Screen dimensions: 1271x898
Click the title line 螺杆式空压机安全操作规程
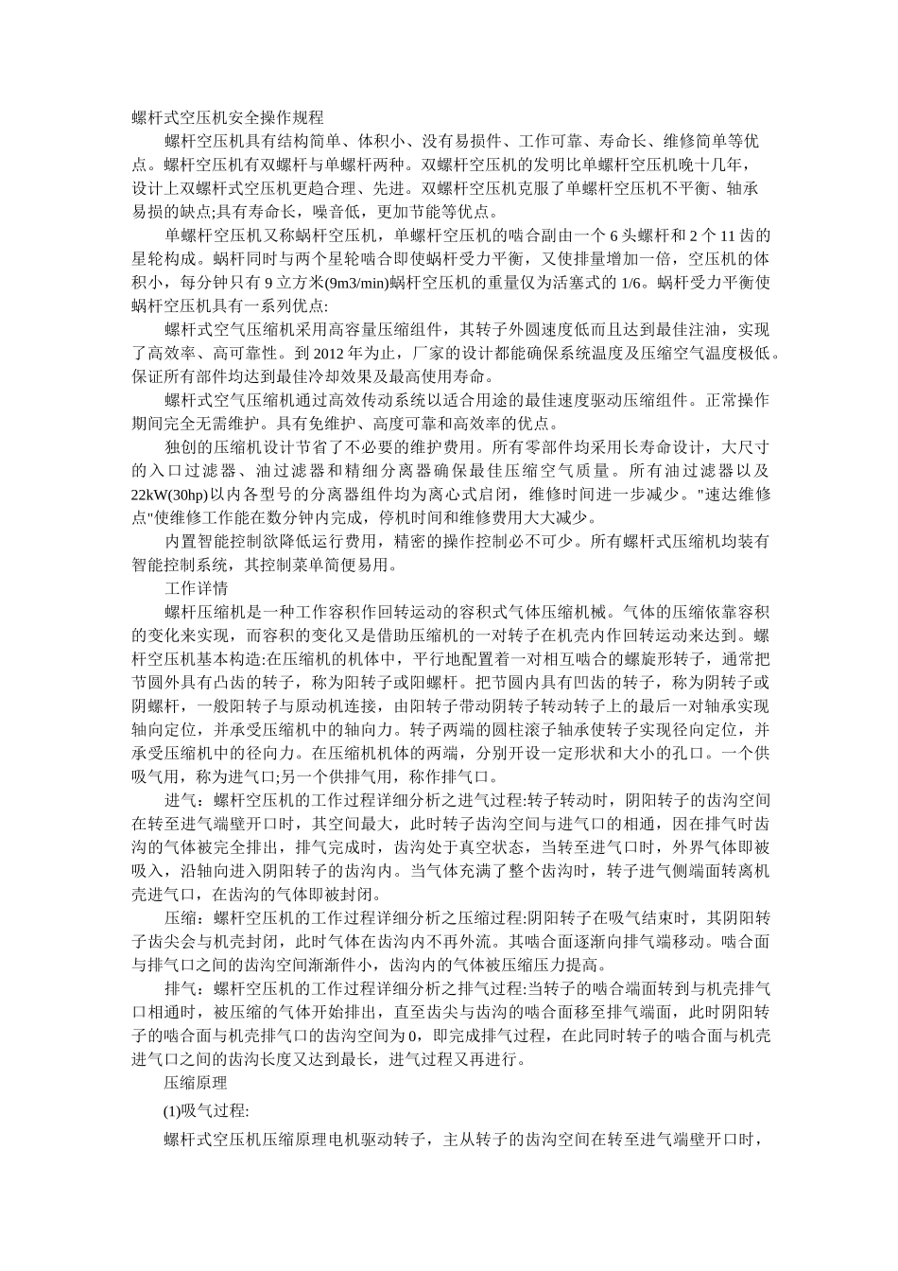pos(228,118)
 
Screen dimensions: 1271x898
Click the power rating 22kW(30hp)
pos(170,495)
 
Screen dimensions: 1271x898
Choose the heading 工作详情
pos(196,588)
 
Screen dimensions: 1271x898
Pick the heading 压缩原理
pos(196,1083)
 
